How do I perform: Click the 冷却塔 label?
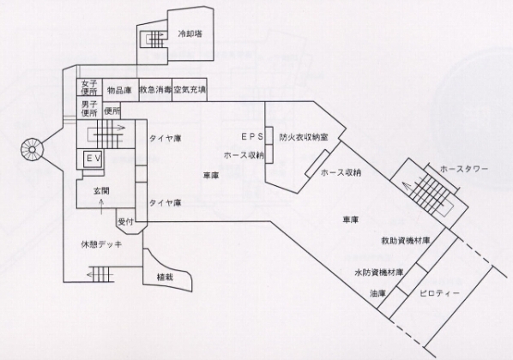pyautogui.click(x=190, y=33)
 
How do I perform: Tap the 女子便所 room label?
pyautogui.click(x=89, y=88)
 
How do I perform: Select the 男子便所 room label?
pyautogui.click(x=89, y=109)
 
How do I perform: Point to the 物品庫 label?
pyautogui.click(x=119, y=90)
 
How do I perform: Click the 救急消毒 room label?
pyautogui.click(x=156, y=90)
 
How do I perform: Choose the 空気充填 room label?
pyautogui.click(x=190, y=89)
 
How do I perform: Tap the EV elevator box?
pyautogui.click(x=94, y=159)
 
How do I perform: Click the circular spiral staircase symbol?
pyautogui.click(x=32, y=150)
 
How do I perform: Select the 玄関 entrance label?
pyautogui.click(x=101, y=191)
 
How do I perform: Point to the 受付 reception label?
pyautogui.click(x=125, y=222)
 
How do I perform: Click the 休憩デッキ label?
pyautogui.click(x=101, y=244)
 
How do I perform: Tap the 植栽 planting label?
pyautogui.click(x=165, y=277)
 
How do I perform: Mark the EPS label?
pyautogui.click(x=252, y=137)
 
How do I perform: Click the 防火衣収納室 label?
pyautogui.click(x=304, y=137)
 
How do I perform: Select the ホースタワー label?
pyautogui.click(x=464, y=169)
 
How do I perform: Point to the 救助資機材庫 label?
pyautogui.click(x=406, y=241)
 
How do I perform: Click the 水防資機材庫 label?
pyautogui.click(x=379, y=273)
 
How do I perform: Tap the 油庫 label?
pyautogui.click(x=377, y=294)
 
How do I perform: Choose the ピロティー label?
pyautogui.click(x=439, y=293)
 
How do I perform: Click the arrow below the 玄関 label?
pyautogui.click(x=101, y=207)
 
